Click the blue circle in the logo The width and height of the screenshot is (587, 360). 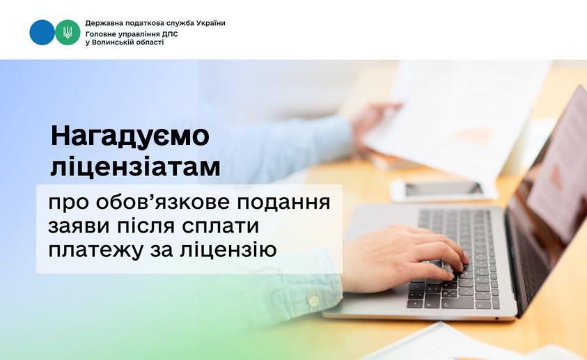(x=42, y=33)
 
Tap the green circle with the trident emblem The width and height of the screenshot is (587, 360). (x=68, y=33)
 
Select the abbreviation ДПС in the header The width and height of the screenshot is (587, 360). (x=170, y=34)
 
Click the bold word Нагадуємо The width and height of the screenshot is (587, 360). (x=130, y=136)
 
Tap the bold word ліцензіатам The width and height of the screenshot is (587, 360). (x=136, y=167)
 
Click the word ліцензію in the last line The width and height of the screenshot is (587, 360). (x=228, y=249)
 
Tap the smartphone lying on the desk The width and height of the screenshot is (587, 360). (x=444, y=189)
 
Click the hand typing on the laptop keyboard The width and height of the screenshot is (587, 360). (x=402, y=258)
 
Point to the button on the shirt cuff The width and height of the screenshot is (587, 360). (x=313, y=300)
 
